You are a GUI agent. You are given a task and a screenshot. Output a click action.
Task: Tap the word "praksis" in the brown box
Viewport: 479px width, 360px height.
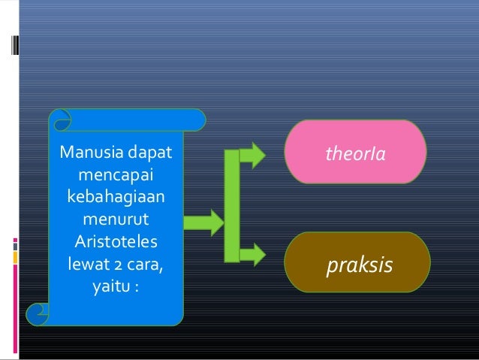359,265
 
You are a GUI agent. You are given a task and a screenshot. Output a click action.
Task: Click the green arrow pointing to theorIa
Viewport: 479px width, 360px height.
254,155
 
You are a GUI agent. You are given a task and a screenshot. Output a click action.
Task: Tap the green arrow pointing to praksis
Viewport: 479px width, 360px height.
254,254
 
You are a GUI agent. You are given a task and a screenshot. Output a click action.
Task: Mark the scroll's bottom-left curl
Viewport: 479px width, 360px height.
37,313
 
